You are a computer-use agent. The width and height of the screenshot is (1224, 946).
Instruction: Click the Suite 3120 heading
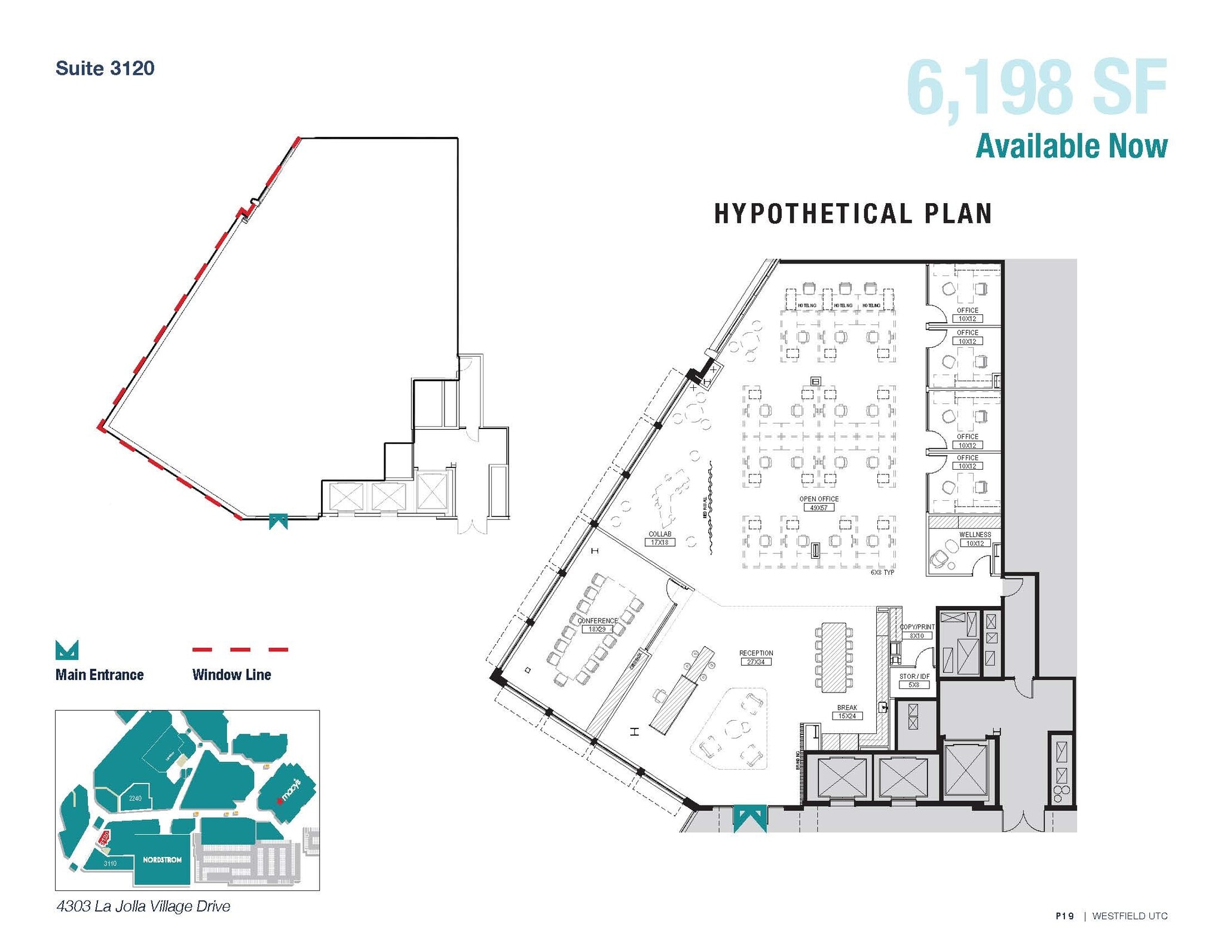[x=105, y=68]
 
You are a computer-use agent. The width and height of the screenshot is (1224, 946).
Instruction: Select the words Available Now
[x=1071, y=146]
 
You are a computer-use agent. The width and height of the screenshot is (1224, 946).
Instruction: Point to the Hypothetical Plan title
[x=853, y=214]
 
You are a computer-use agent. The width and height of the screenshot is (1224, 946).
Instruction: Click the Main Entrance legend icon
[x=66, y=650]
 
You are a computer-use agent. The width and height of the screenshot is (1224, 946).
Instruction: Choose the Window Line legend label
[x=231, y=675]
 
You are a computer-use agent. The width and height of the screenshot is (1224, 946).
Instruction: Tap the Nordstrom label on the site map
[x=162, y=860]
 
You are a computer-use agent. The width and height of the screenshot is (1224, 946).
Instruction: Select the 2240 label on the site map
[x=136, y=798]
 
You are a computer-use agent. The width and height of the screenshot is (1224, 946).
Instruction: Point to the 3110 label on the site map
[x=110, y=864]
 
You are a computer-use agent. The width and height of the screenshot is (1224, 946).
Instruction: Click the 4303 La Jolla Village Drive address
[x=143, y=907]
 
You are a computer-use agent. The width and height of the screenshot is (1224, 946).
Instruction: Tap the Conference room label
[x=597, y=621]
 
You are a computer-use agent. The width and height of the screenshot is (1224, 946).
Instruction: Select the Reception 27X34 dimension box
[x=755, y=662]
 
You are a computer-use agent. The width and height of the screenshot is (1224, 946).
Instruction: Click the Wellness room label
[x=975, y=535]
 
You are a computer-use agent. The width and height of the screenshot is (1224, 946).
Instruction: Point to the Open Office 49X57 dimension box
[x=819, y=507]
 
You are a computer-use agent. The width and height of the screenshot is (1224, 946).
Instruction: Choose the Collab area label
[x=660, y=534]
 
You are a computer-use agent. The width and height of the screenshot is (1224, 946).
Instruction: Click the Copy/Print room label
[x=917, y=627]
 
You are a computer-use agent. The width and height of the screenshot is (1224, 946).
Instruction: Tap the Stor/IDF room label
[x=914, y=676]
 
